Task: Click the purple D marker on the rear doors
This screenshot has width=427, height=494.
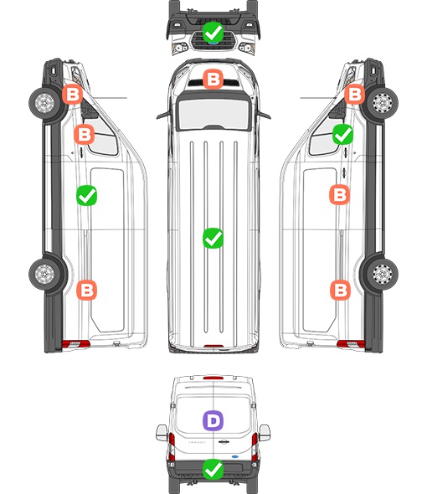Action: click(213, 420)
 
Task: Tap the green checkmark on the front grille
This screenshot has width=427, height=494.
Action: click(213, 32)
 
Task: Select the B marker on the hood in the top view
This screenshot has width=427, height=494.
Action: click(213, 79)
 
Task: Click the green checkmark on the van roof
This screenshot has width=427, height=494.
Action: click(213, 238)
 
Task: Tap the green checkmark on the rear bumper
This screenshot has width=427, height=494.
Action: click(213, 470)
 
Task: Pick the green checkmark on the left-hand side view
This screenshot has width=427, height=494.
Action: click(87, 196)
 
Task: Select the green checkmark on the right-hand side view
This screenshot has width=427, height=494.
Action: click(343, 134)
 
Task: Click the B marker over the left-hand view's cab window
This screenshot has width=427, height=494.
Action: click(84, 134)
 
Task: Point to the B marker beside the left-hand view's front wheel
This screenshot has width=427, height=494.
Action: click(72, 95)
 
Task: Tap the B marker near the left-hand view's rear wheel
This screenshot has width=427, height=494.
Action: click(87, 290)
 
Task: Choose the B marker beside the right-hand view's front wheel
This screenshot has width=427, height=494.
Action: click(354, 95)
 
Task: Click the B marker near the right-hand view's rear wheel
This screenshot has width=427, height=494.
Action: click(340, 290)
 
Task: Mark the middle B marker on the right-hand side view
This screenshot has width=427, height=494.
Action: click(340, 195)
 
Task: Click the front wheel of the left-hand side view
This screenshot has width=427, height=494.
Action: click(44, 103)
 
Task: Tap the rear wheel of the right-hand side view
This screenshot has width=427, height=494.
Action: click(383, 274)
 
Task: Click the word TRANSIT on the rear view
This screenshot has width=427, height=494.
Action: click(197, 442)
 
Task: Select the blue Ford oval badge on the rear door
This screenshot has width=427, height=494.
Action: click(235, 456)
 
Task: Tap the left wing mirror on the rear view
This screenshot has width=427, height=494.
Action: click(162, 433)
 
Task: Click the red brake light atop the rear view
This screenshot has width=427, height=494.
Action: click(213, 378)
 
